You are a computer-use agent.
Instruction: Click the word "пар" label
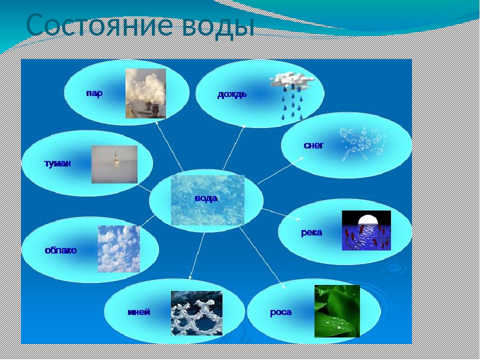pos(94,93)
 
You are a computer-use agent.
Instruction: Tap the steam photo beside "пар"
pos(145,93)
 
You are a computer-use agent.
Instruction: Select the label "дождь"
pos(231,94)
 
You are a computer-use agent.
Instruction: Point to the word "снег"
pos(313,145)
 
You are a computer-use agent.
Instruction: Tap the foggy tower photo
pos(114,164)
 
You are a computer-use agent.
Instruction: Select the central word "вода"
pos(206,198)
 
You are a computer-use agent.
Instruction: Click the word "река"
pos(311,232)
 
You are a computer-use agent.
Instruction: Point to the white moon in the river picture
pos(367,219)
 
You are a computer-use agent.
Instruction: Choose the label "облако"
pos(60,250)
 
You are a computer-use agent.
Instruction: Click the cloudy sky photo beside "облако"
pos(119,249)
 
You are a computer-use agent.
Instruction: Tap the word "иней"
pos(138,312)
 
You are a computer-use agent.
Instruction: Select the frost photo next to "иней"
pos(196,313)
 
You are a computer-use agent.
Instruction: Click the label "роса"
pos(280,312)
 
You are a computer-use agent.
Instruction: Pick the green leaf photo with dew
pos(337,311)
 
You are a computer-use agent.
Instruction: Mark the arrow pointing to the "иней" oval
pos(197,256)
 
